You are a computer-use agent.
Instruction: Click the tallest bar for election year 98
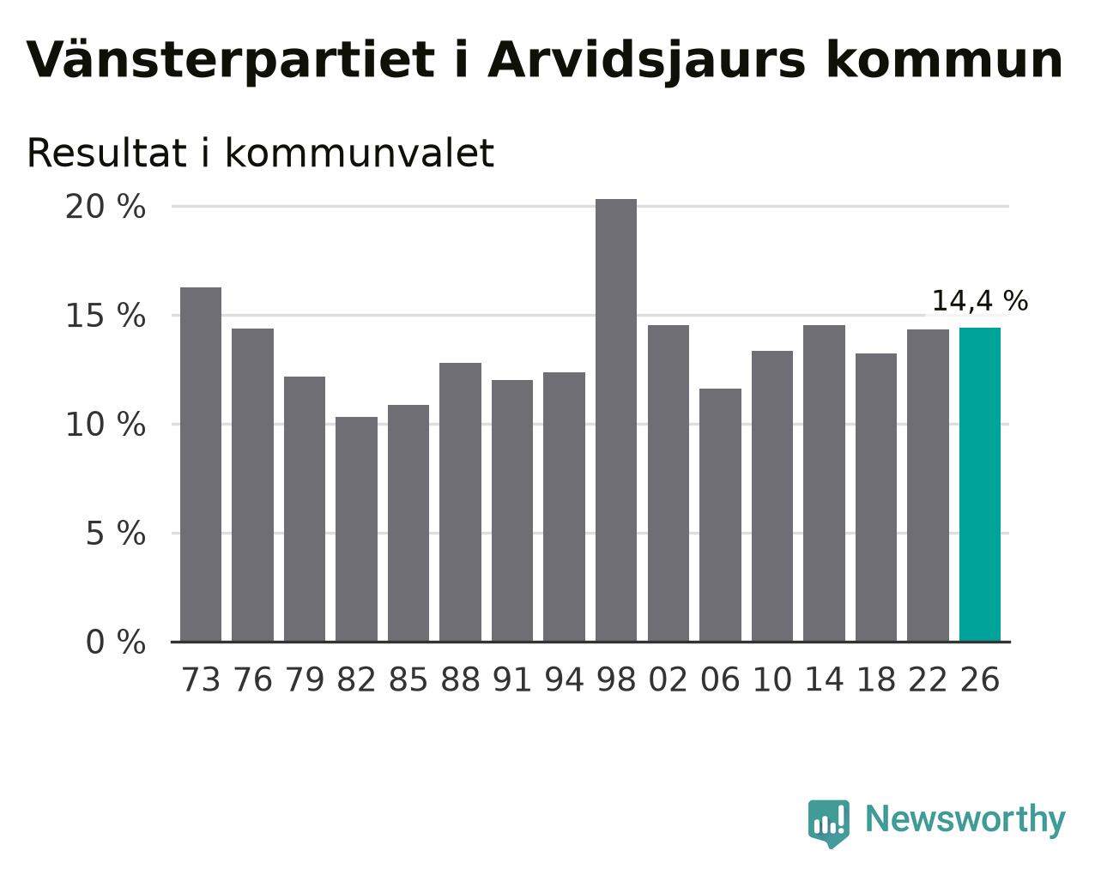tap(615, 420)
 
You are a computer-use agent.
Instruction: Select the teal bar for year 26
tap(979, 485)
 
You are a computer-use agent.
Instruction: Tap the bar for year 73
tap(201, 464)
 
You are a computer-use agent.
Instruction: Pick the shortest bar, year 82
tap(356, 529)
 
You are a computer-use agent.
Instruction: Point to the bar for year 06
tap(720, 515)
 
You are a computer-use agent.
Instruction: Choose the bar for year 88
tap(460, 502)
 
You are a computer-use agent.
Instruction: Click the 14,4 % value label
tap(979, 300)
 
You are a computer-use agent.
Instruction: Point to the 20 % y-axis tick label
tap(106, 207)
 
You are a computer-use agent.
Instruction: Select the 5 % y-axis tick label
tap(116, 534)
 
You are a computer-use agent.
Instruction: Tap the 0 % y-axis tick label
tap(116, 642)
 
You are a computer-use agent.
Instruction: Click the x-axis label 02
tap(668, 679)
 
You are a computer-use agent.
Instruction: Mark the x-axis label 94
tap(564, 679)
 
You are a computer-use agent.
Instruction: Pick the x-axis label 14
tap(824, 679)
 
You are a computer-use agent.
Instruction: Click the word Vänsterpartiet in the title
tap(230, 61)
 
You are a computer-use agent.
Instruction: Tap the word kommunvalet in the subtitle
tap(360, 153)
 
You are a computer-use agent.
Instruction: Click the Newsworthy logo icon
tap(829, 824)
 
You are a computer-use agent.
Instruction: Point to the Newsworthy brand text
tap(965, 820)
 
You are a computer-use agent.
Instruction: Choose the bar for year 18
tap(875, 498)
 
